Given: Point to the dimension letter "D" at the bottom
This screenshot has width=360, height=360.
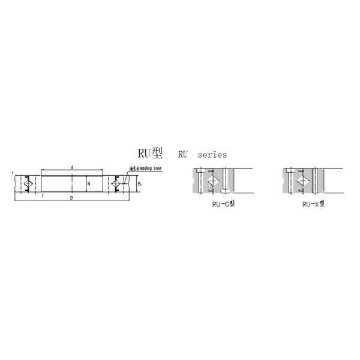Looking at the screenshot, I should point(72,197).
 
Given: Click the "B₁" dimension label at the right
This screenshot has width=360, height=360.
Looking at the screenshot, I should point(139,184).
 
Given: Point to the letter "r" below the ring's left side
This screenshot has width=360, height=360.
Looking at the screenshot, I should point(43,196).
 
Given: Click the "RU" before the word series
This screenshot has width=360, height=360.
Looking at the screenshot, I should point(182,154).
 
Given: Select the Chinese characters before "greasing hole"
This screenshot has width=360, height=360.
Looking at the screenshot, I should point(131,169).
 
